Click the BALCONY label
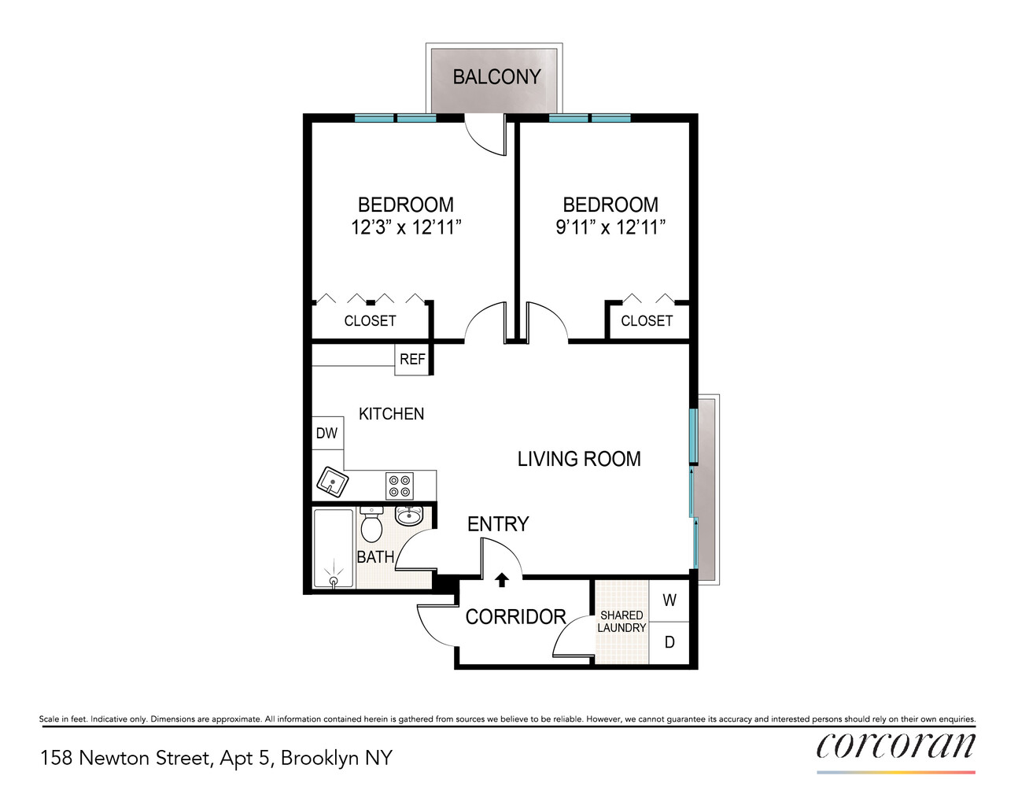coord(496,77)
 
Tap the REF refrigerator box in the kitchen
coord(412,360)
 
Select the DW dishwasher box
coord(327,433)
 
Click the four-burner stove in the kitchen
coord(400,486)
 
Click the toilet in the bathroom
coord(371,525)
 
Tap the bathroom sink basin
coord(408,516)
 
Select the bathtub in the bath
coord(334,549)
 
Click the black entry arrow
coord(502,580)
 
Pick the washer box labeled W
coord(669,600)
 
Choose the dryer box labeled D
coord(669,642)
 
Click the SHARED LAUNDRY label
coord(621,622)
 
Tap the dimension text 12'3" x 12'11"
coord(406,227)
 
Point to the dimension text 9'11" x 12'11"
coord(610,227)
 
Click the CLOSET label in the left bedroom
coord(370,321)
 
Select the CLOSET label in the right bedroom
coord(647,321)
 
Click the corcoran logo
coord(895,746)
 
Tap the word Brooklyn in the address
coord(320,758)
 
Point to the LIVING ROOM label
coord(579,459)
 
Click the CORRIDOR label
coord(515,617)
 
